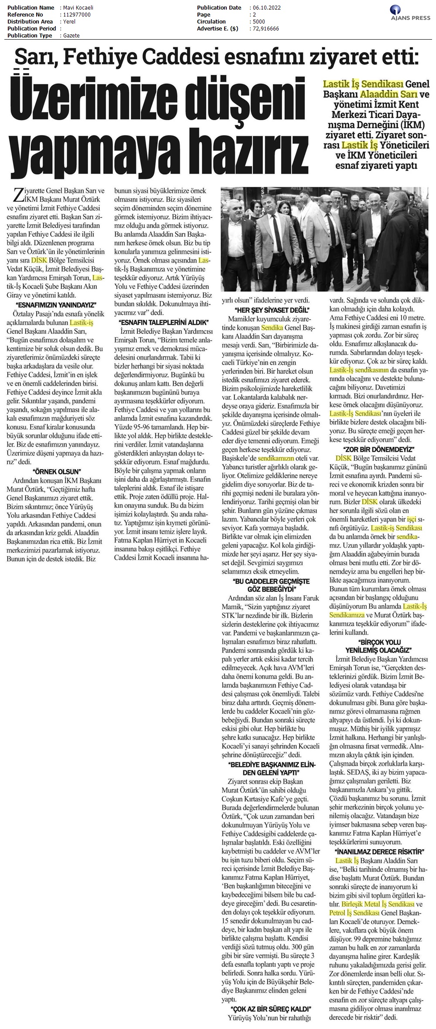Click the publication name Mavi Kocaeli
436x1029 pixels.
click(x=77, y=8)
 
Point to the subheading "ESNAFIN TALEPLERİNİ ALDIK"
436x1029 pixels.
click(x=162, y=322)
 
